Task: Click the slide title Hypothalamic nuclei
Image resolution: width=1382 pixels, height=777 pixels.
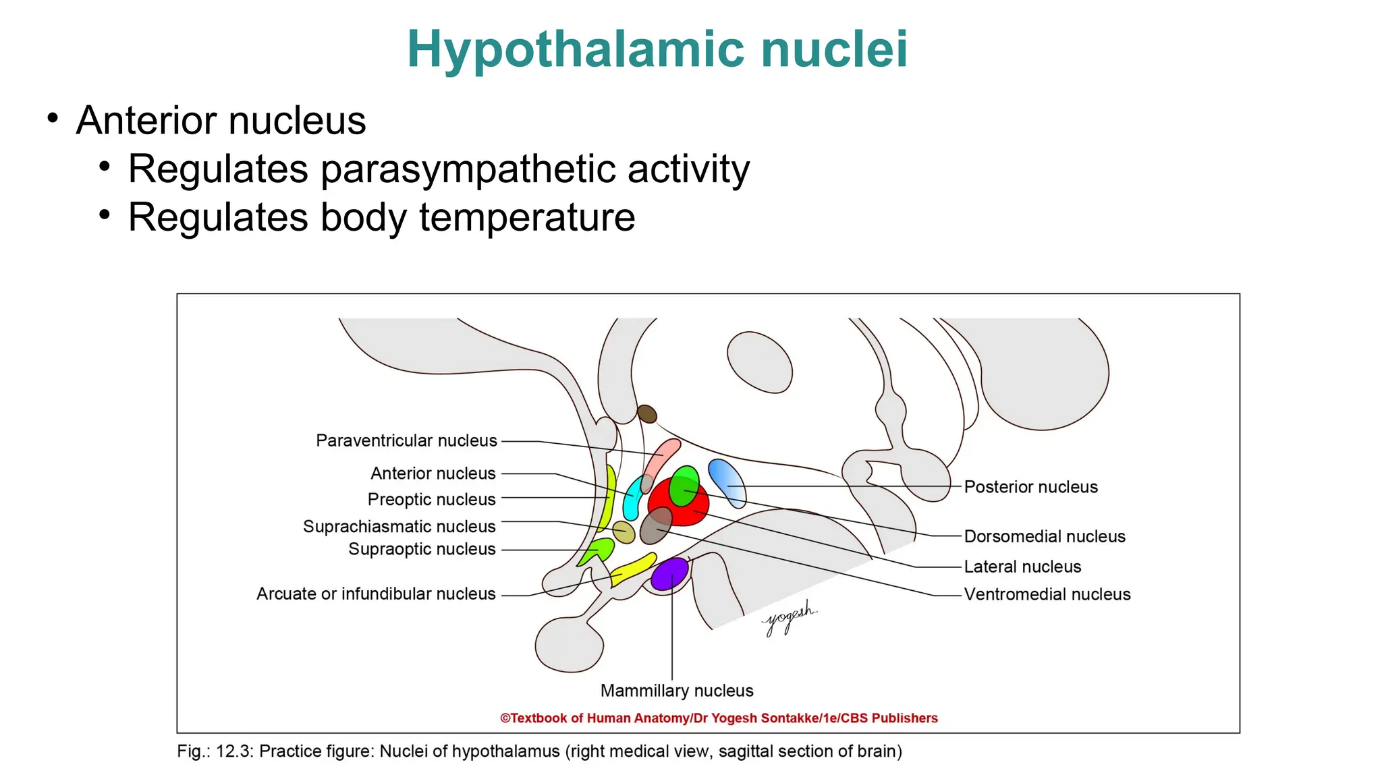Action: (x=657, y=49)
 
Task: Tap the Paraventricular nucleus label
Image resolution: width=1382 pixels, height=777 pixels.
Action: (x=406, y=441)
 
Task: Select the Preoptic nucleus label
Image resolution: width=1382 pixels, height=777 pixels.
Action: (x=431, y=500)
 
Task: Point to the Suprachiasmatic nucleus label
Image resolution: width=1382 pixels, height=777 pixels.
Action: (x=399, y=527)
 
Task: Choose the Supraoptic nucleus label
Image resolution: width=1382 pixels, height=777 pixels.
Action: (x=422, y=550)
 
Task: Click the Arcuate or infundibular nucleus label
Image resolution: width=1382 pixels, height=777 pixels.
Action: (x=376, y=594)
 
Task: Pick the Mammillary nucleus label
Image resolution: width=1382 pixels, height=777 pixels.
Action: (x=676, y=691)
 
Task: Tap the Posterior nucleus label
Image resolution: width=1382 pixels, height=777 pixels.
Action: (x=1030, y=487)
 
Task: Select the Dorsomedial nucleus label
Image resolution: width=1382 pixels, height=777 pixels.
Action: (x=1044, y=537)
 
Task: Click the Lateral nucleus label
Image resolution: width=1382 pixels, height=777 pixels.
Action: (x=1022, y=567)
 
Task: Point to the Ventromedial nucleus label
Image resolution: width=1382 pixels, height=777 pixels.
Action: (x=1047, y=595)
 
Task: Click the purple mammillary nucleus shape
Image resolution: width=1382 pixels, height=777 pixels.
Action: (x=669, y=574)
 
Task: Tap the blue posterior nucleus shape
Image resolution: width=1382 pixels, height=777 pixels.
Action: (x=727, y=482)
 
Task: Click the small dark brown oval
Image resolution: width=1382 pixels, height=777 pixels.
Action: (x=647, y=413)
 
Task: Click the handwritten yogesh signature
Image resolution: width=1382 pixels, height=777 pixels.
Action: (x=789, y=617)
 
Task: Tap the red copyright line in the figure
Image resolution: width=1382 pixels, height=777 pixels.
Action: (x=719, y=718)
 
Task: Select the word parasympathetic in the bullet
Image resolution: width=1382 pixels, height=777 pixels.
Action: (x=468, y=169)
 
